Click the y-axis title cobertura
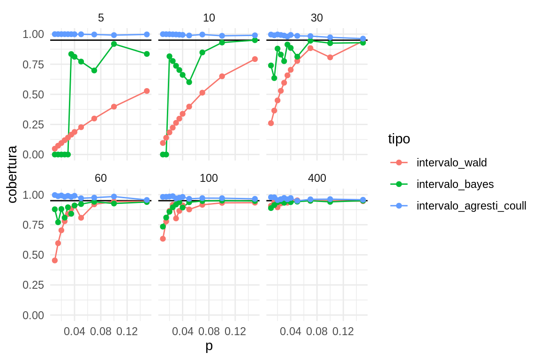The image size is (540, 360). click(13, 174)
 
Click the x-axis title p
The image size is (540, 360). click(209, 346)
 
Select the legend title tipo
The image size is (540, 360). click(399, 139)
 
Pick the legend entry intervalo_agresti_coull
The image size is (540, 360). click(471, 206)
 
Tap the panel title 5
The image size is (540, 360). click(101, 18)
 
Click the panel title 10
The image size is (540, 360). click(209, 18)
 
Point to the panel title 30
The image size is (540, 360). click(317, 18)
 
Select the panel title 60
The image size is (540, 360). click(101, 178)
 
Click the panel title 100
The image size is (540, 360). click(209, 178)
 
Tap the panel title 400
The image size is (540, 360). click(317, 178)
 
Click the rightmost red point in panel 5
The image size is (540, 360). click(147, 91)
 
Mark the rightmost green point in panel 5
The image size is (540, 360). click(147, 54)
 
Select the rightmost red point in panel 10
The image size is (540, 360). click(255, 59)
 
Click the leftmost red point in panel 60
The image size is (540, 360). click(55, 260)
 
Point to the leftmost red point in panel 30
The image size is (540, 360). click(271, 123)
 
